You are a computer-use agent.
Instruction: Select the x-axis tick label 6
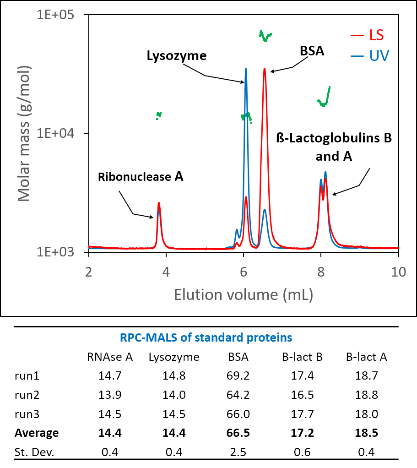[244, 271]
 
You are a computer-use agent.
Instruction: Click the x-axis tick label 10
[398, 271]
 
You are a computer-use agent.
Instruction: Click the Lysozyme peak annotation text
[177, 56]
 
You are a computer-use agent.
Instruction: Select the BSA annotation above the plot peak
[312, 51]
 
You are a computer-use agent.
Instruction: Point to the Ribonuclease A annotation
[141, 177]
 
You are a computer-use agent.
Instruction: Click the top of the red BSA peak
[264, 69]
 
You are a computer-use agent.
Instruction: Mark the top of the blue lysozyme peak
[246, 69]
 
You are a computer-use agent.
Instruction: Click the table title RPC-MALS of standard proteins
[206, 338]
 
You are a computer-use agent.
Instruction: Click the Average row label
[37, 433]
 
